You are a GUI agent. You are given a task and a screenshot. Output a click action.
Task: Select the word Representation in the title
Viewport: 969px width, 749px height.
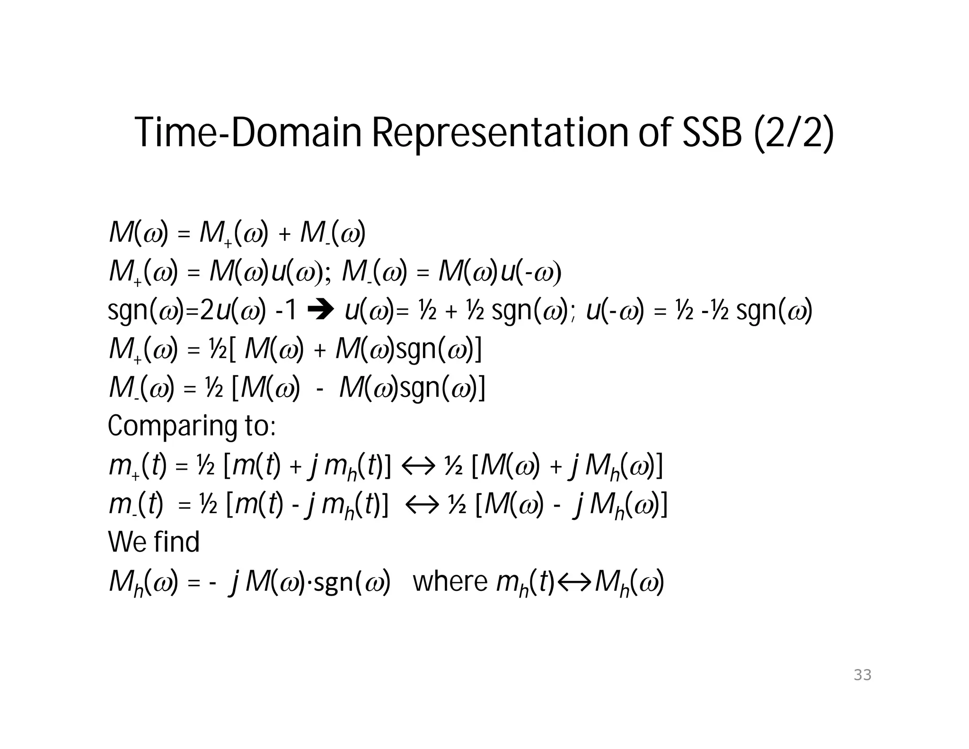coord(501,134)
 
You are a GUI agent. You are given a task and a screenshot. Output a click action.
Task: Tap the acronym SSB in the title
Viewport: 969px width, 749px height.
coord(712,133)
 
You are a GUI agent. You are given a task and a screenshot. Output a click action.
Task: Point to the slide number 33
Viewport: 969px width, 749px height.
coord(862,675)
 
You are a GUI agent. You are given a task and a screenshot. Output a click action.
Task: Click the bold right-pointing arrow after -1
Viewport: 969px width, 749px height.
coord(320,311)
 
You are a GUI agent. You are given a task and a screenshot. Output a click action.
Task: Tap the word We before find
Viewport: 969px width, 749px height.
coord(123,542)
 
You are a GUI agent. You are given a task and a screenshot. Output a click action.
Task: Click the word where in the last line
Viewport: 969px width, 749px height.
coord(450,581)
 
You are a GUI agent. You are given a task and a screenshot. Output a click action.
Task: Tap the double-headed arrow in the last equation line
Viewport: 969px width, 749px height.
coord(574,582)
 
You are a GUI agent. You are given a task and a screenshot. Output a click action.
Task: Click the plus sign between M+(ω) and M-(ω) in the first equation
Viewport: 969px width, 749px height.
coord(284,235)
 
